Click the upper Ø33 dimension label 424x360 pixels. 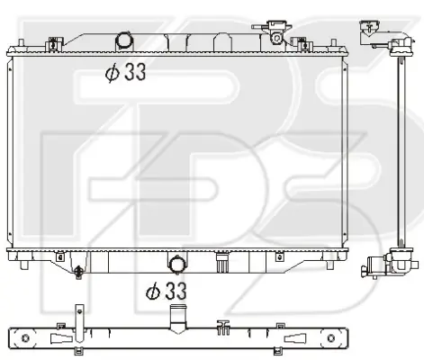click(x=125, y=72)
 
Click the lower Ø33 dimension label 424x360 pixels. click(x=167, y=291)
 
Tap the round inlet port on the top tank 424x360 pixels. click(x=123, y=40)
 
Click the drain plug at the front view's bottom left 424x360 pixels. click(x=78, y=272)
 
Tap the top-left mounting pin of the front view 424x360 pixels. click(x=21, y=43)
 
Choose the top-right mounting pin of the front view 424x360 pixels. click(x=333, y=43)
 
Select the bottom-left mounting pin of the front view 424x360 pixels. click(x=24, y=265)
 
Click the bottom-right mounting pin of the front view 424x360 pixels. click(x=329, y=265)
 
